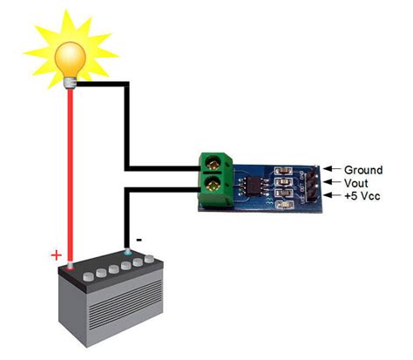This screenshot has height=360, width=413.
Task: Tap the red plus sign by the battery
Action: coord(57,255)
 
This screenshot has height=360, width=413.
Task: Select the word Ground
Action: coord(363,170)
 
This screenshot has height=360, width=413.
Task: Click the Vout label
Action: coord(357,184)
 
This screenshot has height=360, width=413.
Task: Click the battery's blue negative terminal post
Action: coord(129,254)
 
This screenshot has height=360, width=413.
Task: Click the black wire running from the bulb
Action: coord(128,113)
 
